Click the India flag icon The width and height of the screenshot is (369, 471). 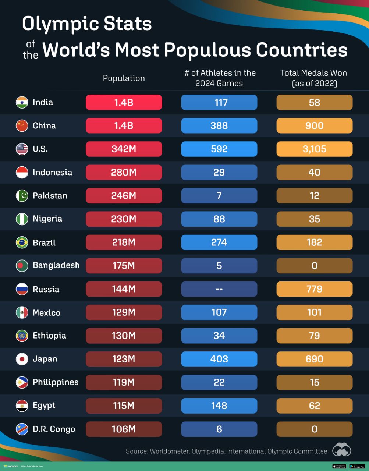(x=22, y=102)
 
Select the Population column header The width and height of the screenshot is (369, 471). (x=124, y=78)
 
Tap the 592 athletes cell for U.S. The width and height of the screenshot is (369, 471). (x=219, y=149)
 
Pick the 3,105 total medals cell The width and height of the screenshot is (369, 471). (x=314, y=149)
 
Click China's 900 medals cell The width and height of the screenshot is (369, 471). (x=314, y=125)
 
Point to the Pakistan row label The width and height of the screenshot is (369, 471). (x=50, y=196)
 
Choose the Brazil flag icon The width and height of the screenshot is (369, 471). (x=22, y=242)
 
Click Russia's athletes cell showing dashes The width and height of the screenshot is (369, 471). (x=219, y=289)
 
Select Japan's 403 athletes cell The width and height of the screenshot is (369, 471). (x=219, y=359)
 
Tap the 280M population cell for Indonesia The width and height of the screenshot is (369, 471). (x=124, y=172)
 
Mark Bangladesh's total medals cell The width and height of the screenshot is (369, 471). (x=314, y=266)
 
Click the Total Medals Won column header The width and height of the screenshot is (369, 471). (x=313, y=78)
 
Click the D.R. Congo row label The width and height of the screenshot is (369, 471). (x=54, y=429)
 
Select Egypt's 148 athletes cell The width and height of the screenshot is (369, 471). (x=219, y=406)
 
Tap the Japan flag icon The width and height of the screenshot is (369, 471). (x=22, y=359)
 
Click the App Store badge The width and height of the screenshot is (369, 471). (x=339, y=466)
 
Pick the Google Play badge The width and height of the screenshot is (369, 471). (x=357, y=466)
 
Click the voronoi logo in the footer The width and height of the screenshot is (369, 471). (x=11, y=466)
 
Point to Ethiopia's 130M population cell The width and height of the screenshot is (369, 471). (x=124, y=336)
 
